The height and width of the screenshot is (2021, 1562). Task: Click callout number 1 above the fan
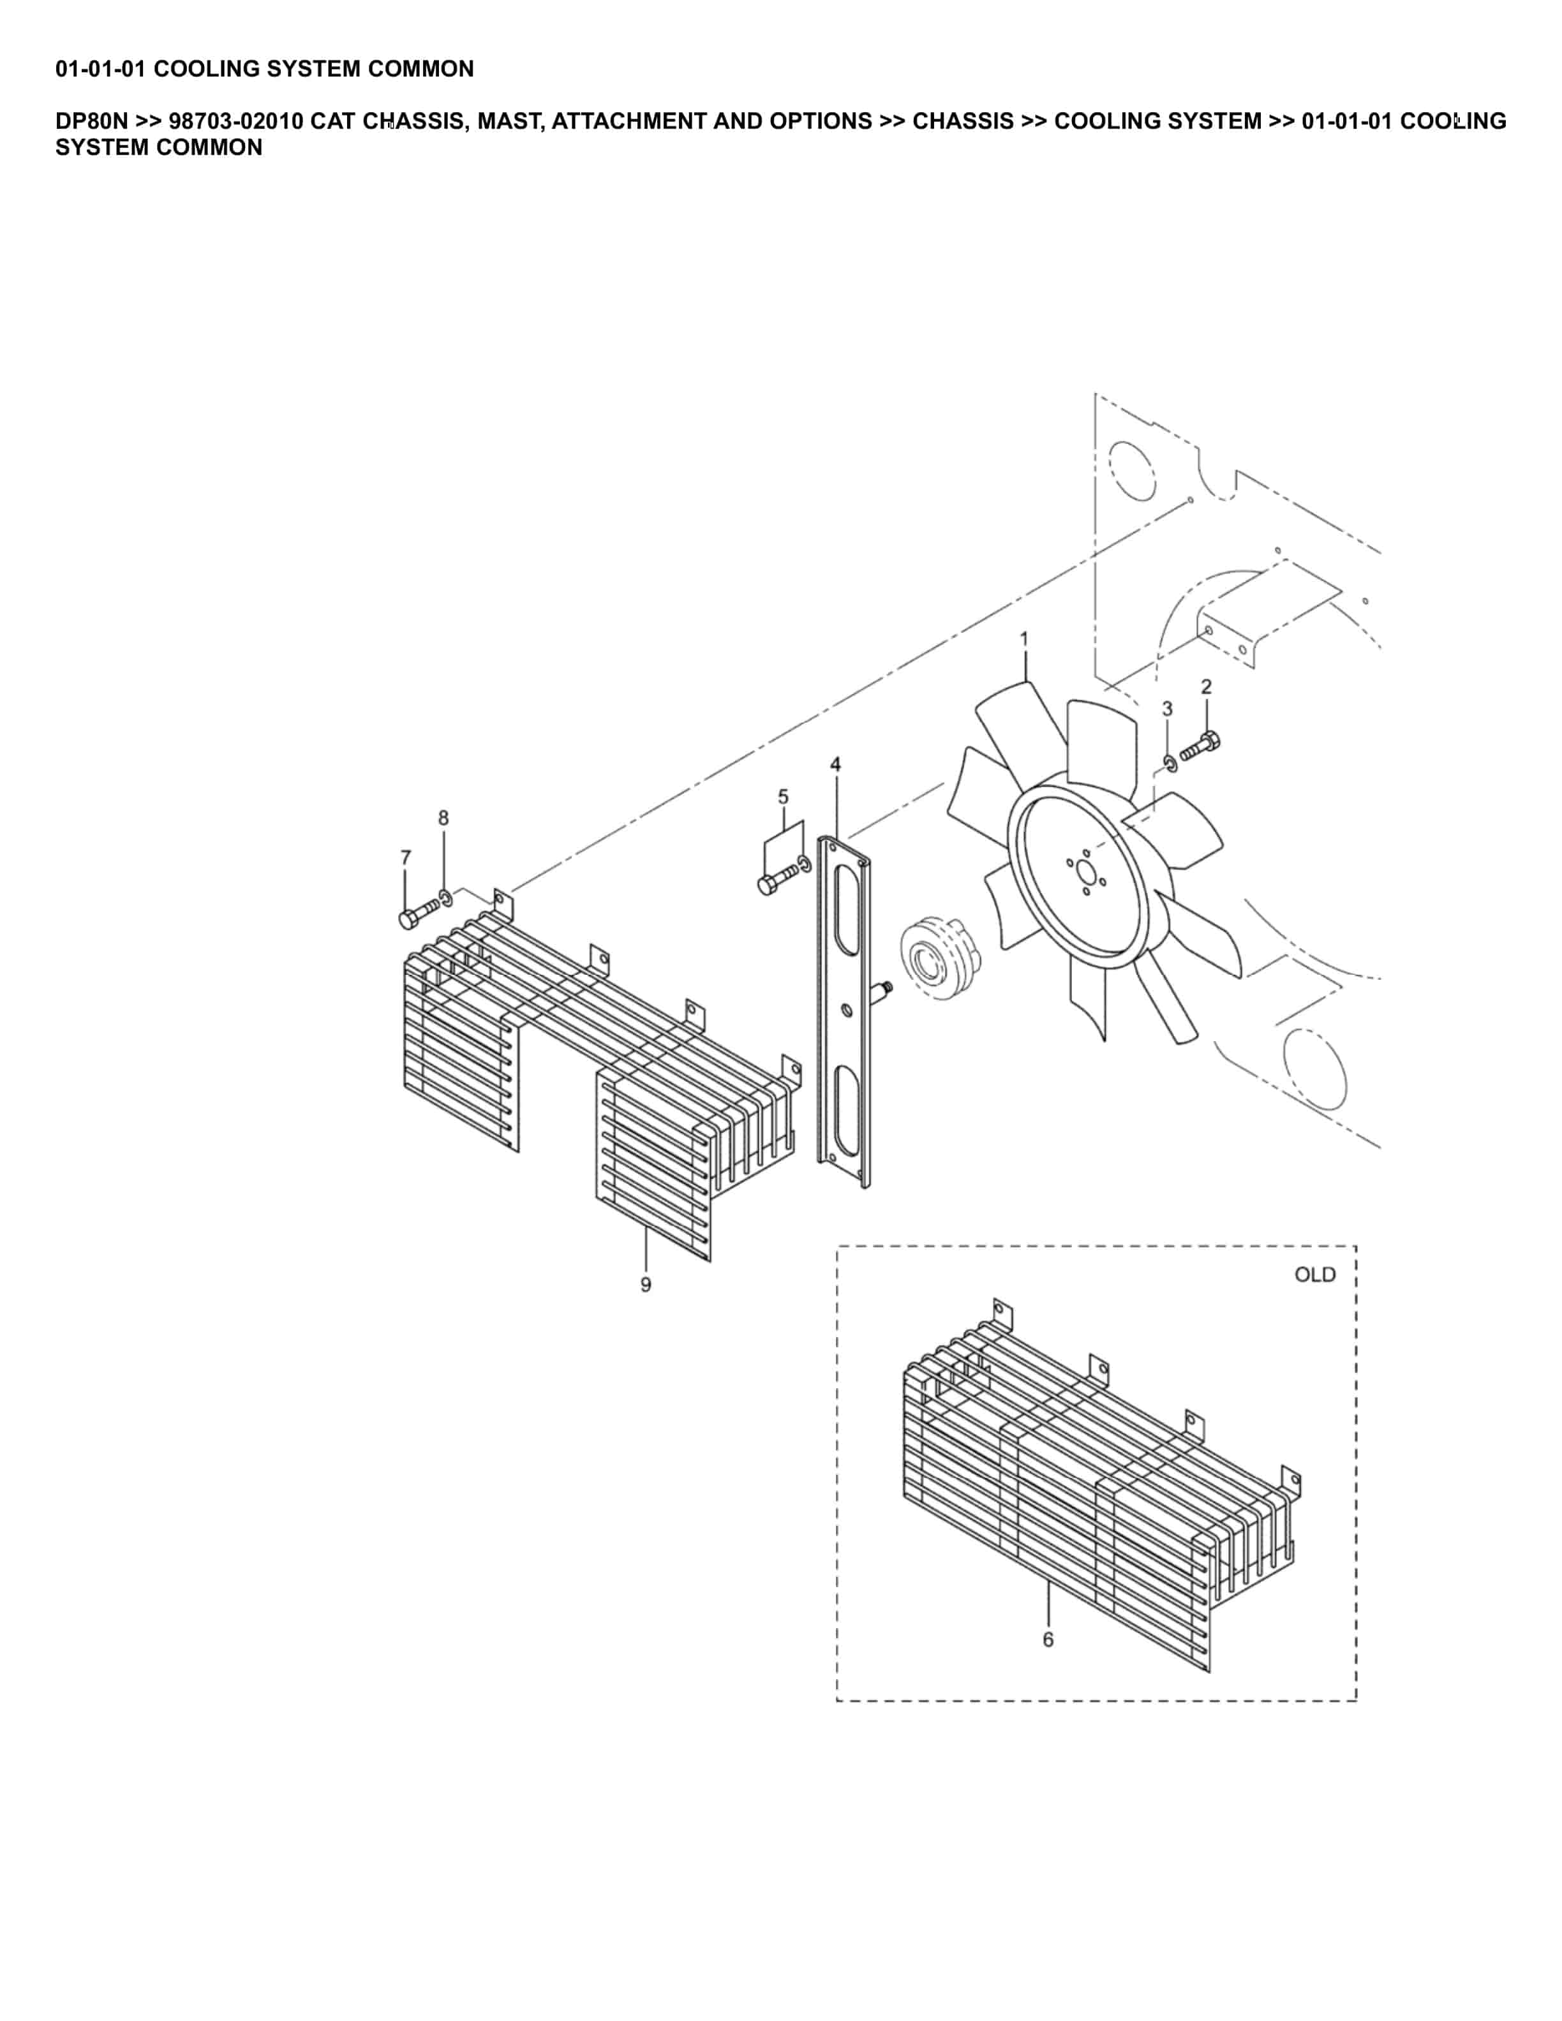click(1023, 639)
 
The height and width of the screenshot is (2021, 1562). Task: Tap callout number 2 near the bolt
click(1206, 686)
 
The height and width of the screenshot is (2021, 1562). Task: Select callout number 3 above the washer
click(1167, 709)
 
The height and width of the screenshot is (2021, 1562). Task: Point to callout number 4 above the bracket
click(836, 764)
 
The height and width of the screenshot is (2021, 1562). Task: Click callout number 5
click(783, 797)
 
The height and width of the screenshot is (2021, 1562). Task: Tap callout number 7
click(405, 858)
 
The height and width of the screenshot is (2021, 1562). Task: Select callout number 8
click(443, 818)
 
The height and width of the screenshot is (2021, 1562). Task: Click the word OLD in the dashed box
click(1314, 1275)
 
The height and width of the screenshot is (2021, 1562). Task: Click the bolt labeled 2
click(1201, 746)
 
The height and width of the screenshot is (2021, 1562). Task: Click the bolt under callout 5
click(775, 879)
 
